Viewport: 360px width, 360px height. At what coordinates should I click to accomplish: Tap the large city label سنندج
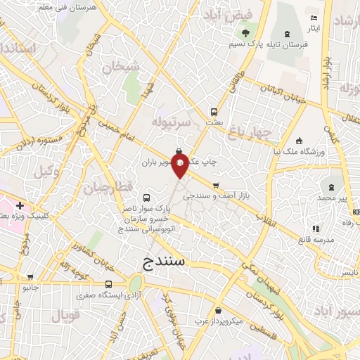[x=167, y=262]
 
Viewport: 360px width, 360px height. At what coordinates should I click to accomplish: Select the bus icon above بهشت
[x=214, y=111]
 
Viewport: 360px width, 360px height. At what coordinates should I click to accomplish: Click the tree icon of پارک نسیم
[x=245, y=33]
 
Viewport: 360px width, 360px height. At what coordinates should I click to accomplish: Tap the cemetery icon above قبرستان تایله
[x=287, y=34]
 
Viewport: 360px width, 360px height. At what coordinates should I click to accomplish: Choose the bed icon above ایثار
[x=314, y=18]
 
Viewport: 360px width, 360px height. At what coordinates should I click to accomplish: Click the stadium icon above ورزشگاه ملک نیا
[x=300, y=140]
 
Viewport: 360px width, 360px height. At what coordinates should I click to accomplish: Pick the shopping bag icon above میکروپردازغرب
[x=219, y=310]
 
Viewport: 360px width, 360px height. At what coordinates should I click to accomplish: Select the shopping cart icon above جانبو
[x=30, y=276]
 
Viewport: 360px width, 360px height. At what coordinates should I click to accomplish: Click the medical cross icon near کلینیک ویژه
[x=19, y=205]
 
